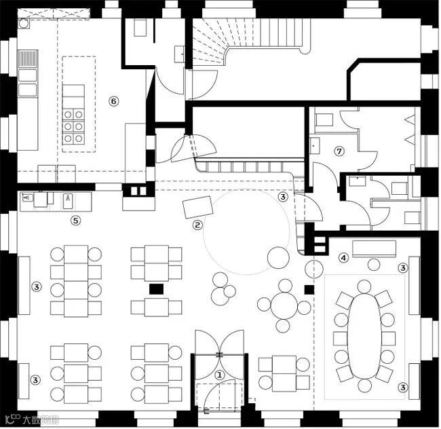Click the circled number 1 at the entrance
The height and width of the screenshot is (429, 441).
pos(219,373)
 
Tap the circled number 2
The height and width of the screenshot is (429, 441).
pos(197,225)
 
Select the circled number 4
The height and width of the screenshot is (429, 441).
pos(344,257)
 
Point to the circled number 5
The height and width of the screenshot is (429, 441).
pos(76,220)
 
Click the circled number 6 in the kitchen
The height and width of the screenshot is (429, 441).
pos(113,101)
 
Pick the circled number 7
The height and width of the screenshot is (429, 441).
pos(339,151)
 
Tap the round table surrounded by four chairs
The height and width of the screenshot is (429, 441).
pos(284,305)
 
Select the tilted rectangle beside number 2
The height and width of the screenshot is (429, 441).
pos(197,207)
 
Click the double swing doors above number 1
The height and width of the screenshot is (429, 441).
pos(218,342)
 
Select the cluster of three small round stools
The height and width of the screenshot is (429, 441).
pos(221,288)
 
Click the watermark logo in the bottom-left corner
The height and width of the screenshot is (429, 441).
pos(26,418)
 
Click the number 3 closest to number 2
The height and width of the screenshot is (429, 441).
pos(283,197)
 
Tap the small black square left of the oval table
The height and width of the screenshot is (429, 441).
pos(309,289)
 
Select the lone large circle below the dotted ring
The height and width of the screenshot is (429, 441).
pos(278,257)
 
